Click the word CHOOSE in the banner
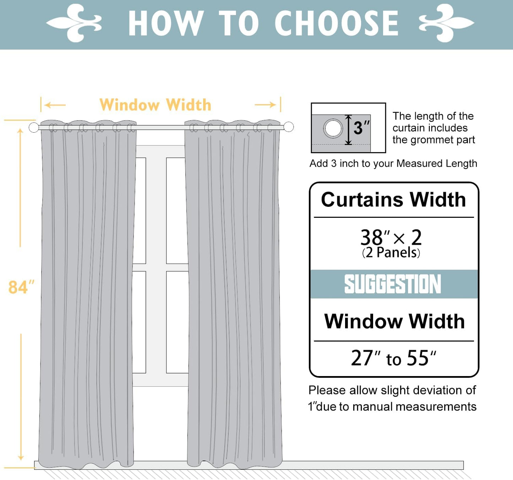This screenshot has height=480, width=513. point(337,23)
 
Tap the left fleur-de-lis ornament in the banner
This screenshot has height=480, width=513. point(74,23)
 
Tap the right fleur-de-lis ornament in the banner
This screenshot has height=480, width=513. point(446,23)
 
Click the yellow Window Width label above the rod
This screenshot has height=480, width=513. point(155,105)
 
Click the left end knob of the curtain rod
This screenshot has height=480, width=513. point(34,127)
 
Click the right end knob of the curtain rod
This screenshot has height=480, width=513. point(289,127)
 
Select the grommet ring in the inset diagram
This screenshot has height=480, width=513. point(333,128)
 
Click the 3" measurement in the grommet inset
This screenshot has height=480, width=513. point(361,128)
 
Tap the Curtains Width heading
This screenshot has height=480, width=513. point(393,199)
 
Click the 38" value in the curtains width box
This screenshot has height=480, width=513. point(375,237)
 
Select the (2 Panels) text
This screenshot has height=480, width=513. point(391,253)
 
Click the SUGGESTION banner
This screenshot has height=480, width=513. point(393,284)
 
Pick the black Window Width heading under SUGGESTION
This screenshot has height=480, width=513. point(394,321)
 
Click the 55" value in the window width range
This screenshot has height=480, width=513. point(421,358)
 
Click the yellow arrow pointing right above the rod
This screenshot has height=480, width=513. point(266,105)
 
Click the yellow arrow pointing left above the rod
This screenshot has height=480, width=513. point(55,105)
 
